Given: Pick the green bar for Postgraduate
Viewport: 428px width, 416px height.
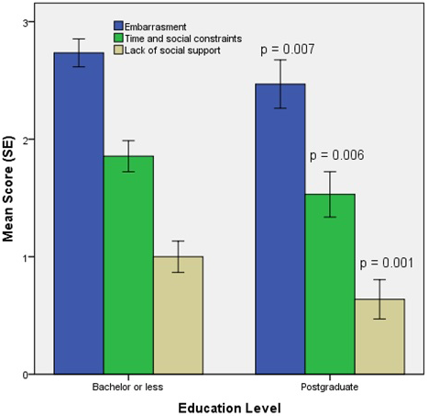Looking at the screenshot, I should [x=330, y=284].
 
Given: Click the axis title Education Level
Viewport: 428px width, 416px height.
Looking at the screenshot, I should [x=228, y=404].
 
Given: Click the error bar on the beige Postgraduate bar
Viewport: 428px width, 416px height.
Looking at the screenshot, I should [x=379, y=299].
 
